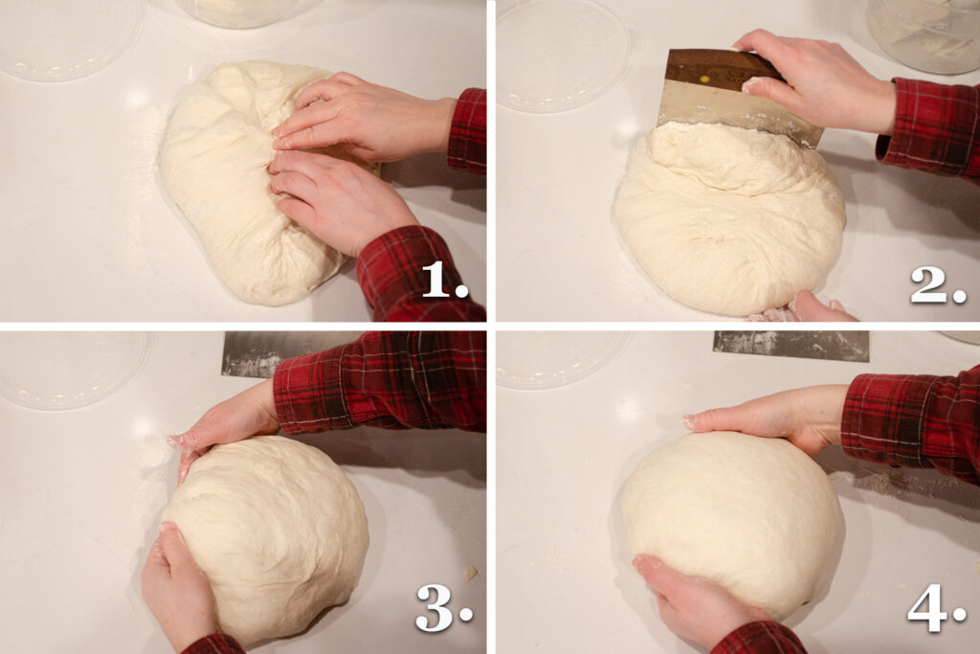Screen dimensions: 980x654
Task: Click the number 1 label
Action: pyautogui.click(x=444, y=281)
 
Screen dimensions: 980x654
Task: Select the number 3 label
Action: pyautogui.click(x=444, y=608)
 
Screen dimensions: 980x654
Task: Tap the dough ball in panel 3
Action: pyautogui.click(x=269, y=538)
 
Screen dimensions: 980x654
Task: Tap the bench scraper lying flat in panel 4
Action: pyautogui.click(x=791, y=346)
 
